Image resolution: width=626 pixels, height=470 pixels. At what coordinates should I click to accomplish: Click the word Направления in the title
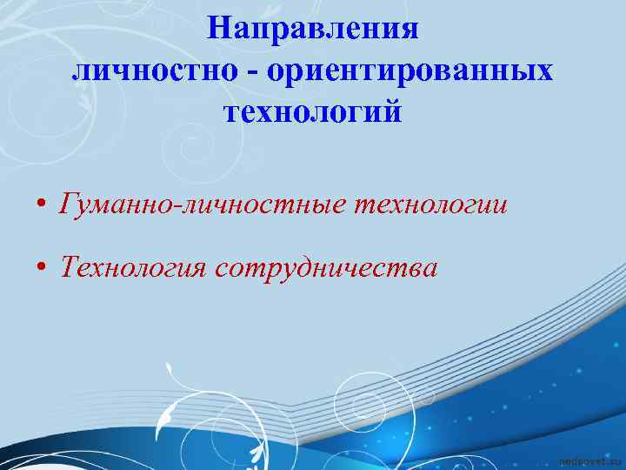313,30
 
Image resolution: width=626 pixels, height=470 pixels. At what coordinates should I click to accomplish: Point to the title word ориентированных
410,71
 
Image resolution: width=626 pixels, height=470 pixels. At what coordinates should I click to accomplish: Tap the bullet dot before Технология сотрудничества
41,269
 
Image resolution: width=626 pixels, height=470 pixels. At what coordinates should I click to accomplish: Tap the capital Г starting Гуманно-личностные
68,205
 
